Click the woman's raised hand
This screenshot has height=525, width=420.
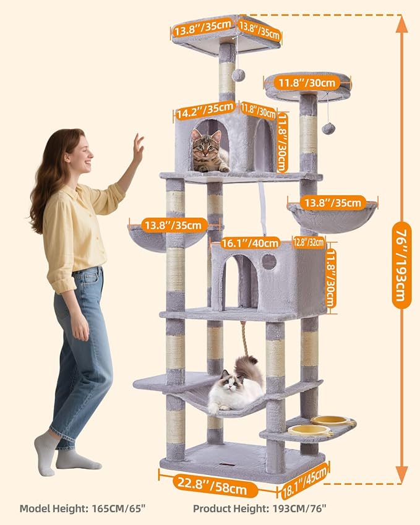[137, 147]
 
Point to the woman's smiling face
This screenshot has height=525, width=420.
[81, 155]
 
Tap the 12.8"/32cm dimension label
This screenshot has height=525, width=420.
[309, 242]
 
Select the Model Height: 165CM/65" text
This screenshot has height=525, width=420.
[84, 508]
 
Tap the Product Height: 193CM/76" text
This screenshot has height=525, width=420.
[260, 508]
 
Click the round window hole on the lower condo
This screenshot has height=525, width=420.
[269, 262]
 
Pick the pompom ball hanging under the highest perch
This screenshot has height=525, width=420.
[238, 75]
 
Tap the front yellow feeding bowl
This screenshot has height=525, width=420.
[308, 430]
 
